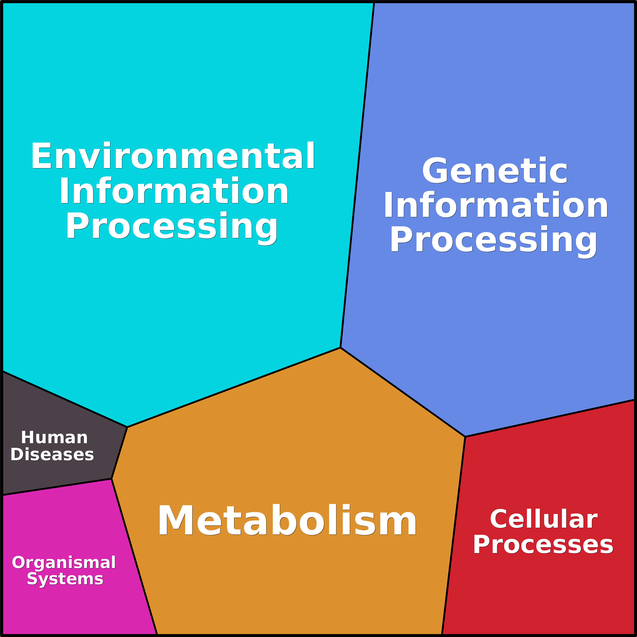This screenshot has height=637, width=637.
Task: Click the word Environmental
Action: click(x=173, y=156)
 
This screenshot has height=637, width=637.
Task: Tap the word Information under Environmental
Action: click(x=174, y=191)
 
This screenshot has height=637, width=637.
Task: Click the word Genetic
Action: click(x=494, y=171)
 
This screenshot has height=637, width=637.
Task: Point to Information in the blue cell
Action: click(x=495, y=205)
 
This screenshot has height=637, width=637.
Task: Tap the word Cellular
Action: click(x=543, y=519)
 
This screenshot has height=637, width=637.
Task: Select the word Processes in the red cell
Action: click(x=543, y=545)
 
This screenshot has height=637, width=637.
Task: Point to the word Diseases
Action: click(x=52, y=455)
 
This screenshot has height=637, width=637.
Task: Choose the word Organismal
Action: click(x=64, y=562)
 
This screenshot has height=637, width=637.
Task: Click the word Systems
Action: click(x=65, y=579)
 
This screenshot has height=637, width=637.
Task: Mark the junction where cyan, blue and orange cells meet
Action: click(x=340, y=347)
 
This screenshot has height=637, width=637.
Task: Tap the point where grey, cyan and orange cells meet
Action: click(x=127, y=427)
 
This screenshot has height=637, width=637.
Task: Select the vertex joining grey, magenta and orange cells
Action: click(x=111, y=479)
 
